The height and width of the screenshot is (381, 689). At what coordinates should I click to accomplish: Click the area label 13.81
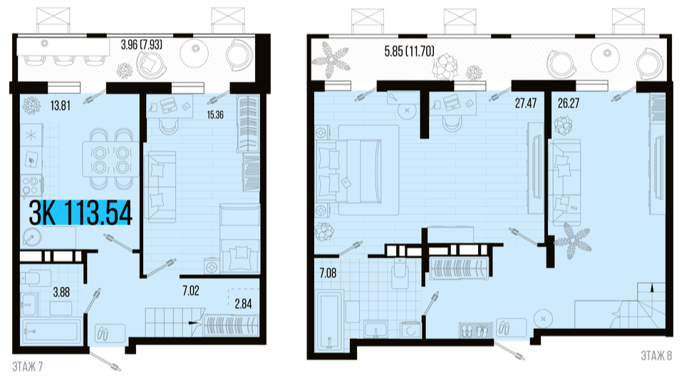click(x=60, y=106)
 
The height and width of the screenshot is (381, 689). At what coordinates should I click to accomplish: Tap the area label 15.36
click(x=215, y=115)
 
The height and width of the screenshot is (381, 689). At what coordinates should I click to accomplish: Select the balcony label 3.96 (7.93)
click(x=142, y=45)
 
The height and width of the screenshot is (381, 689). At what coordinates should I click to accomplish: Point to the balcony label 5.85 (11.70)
click(x=409, y=51)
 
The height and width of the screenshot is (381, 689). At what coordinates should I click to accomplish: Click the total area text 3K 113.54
click(x=81, y=214)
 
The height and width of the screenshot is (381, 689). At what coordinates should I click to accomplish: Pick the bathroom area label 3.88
click(x=61, y=292)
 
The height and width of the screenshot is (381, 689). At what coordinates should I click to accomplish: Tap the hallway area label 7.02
click(x=191, y=291)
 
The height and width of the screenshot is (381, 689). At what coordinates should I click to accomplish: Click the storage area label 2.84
click(x=243, y=304)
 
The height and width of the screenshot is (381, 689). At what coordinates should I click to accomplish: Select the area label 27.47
click(x=526, y=103)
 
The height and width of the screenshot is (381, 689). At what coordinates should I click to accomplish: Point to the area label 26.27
click(x=569, y=103)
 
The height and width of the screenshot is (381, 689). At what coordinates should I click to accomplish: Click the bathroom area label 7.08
click(x=328, y=273)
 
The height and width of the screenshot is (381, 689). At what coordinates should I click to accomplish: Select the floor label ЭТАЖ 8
click(x=656, y=355)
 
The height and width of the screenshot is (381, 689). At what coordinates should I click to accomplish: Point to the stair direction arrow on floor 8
click(x=651, y=288)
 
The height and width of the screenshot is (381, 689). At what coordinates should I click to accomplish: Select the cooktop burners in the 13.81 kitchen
click(x=31, y=186)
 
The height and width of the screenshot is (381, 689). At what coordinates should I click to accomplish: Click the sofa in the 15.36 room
click(x=160, y=187)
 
